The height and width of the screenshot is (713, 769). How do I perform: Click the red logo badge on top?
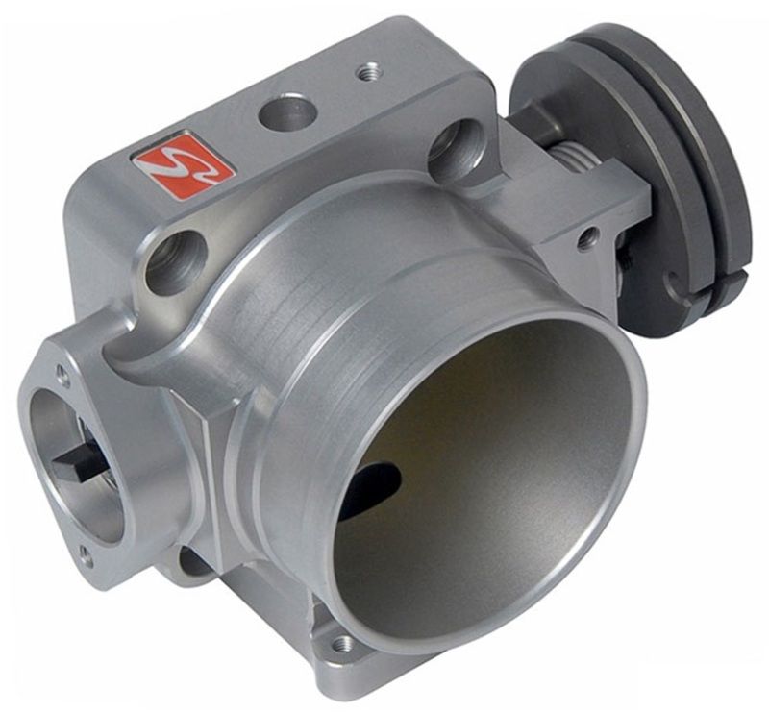point(183,165)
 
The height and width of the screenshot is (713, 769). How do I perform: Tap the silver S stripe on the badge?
point(183,165)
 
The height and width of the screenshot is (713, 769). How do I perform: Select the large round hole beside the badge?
point(286,114)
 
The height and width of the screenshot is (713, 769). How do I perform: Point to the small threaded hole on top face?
point(367,71)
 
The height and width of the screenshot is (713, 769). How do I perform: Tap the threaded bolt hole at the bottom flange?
point(343,642)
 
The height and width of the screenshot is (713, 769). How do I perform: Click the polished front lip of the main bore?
point(615,538)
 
